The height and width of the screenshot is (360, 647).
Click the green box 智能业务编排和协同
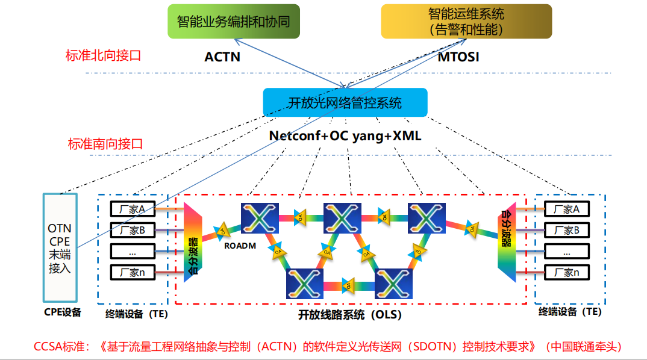(x=233, y=22)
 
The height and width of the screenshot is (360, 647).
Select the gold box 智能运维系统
(x=466, y=21)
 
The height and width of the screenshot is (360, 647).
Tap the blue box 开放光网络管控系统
(x=345, y=102)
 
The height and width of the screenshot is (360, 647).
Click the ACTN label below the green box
(x=222, y=57)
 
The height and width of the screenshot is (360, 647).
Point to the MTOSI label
(x=458, y=57)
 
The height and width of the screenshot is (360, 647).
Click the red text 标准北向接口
(x=103, y=56)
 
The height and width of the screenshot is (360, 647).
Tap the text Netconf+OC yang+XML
(x=345, y=136)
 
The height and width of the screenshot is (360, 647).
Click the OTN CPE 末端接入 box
(x=60, y=247)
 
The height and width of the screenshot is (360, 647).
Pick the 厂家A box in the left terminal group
(x=133, y=209)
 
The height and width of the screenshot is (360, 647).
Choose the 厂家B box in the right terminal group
(x=566, y=230)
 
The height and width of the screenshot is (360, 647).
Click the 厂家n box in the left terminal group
(x=133, y=272)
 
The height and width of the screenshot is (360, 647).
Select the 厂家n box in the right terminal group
(x=566, y=272)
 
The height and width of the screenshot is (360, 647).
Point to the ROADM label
(x=240, y=246)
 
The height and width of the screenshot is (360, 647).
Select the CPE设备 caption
(x=63, y=312)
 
